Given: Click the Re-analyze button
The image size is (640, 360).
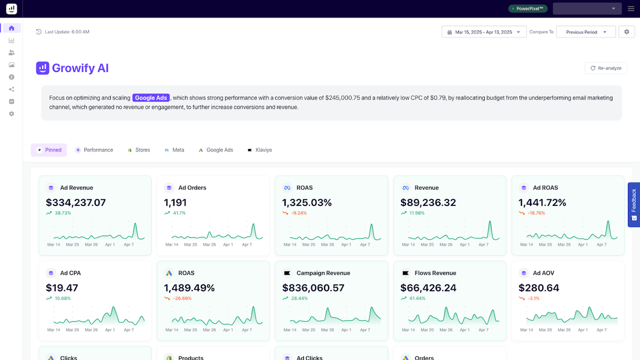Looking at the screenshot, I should [605, 68].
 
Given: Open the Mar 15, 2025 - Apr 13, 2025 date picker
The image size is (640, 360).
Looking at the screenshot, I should [484, 32].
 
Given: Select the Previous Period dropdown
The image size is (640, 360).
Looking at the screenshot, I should [586, 32].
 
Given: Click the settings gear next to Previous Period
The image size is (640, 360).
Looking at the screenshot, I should [627, 32].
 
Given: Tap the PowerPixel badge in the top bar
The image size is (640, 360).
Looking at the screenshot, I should [527, 9].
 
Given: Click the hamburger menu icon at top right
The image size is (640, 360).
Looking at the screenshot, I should [630, 9].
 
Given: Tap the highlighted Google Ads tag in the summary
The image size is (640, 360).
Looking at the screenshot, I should [151, 98].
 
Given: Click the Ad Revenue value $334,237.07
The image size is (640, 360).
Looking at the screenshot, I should [76, 203].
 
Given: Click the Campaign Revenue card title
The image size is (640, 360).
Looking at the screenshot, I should [323, 273].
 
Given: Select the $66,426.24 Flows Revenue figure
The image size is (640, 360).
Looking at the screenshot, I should [428, 288].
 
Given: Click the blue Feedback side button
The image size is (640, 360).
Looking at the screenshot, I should [634, 204].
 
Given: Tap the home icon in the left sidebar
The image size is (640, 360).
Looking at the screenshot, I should [12, 28].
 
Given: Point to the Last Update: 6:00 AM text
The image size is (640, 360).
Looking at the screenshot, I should [67, 32].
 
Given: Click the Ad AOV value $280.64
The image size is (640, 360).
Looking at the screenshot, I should [539, 288].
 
